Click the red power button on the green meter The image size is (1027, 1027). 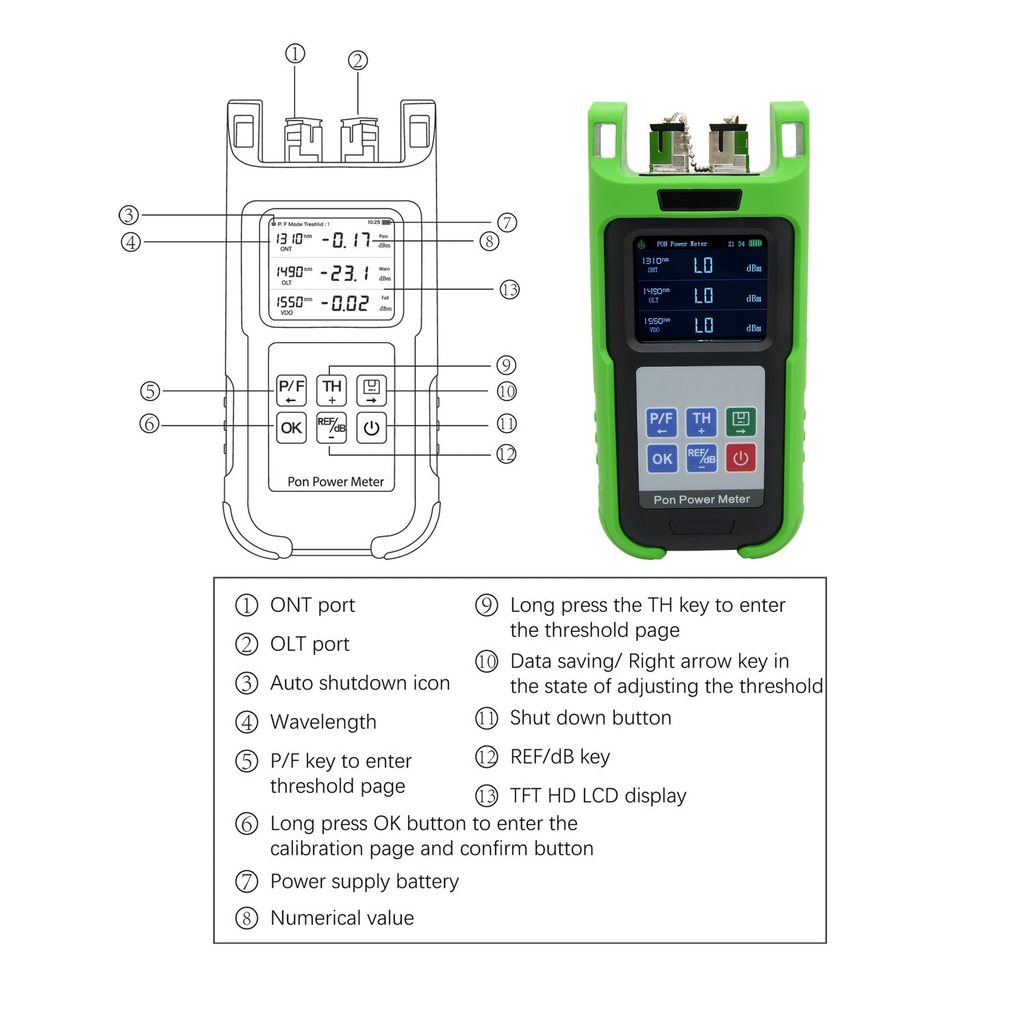pyautogui.click(x=740, y=458)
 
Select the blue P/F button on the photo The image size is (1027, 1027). pyautogui.click(x=661, y=422)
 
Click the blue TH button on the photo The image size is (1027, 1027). pyautogui.click(x=701, y=422)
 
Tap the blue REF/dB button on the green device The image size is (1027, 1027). pyautogui.click(x=701, y=458)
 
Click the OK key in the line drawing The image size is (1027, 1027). pyautogui.click(x=291, y=428)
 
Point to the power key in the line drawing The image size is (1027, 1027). pyautogui.click(x=371, y=428)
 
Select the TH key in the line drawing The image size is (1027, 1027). pyautogui.click(x=331, y=391)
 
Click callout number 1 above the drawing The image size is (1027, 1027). pyautogui.click(x=295, y=53)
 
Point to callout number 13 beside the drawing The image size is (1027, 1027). pyautogui.click(x=509, y=290)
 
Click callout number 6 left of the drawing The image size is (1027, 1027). pyautogui.click(x=149, y=424)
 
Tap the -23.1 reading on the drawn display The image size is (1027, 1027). pyautogui.click(x=346, y=273)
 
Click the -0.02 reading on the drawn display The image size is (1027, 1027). pyautogui.click(x=346, y=303)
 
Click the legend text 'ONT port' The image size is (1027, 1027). pyautogui.click(x=312, y=605)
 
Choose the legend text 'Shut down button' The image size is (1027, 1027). pyautogui.click(x=590, y=718)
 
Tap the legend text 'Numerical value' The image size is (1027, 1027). pyautogui.click(x=342, y=917)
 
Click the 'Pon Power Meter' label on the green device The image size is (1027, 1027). pyautogui.click(x=701, y=499)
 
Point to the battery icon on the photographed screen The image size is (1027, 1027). pyautogui.click(x=755, y=243)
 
